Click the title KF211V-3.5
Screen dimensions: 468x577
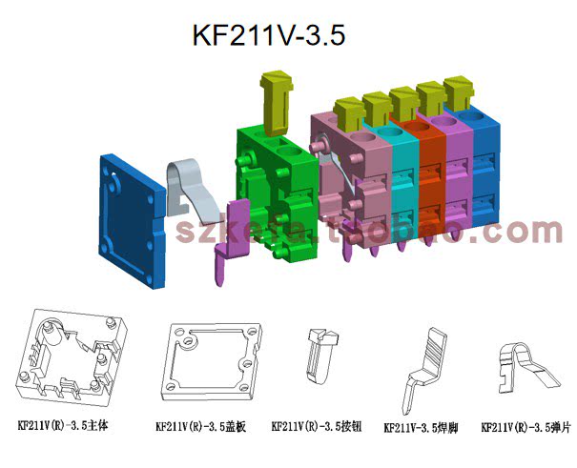268,35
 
